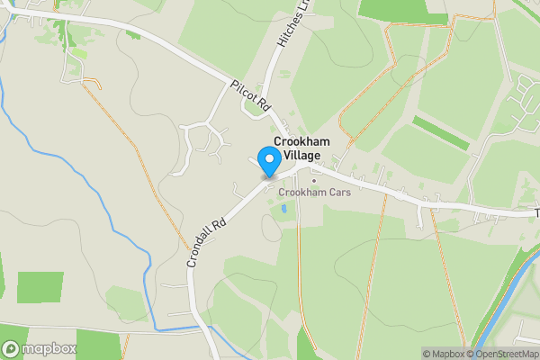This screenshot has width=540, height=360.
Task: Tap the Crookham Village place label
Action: (301, 149)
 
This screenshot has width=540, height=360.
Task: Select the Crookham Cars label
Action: (314, 192)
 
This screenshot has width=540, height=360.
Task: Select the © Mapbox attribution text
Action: (444, 354)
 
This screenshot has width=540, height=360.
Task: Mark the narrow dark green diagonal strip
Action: (441, 132)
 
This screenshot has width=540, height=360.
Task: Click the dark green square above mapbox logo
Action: (40, 287)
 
